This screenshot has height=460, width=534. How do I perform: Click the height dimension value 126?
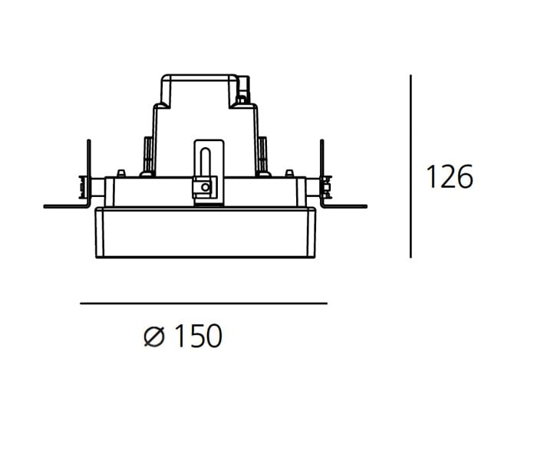click(x=450, y=177)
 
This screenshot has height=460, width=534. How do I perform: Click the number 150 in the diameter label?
click(x=196, y=337)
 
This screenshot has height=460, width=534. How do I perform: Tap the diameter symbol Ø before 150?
click(x=154, y=337)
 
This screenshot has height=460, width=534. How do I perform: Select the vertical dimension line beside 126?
click(x=412, y=166)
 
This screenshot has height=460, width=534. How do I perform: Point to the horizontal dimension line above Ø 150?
click(x=203, y=304)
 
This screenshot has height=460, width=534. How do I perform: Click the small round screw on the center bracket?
click(x=203, y=186)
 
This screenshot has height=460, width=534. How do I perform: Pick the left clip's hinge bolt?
click(x=82, y=186)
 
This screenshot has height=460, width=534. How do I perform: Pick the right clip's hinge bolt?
click(x=328, y=185)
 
